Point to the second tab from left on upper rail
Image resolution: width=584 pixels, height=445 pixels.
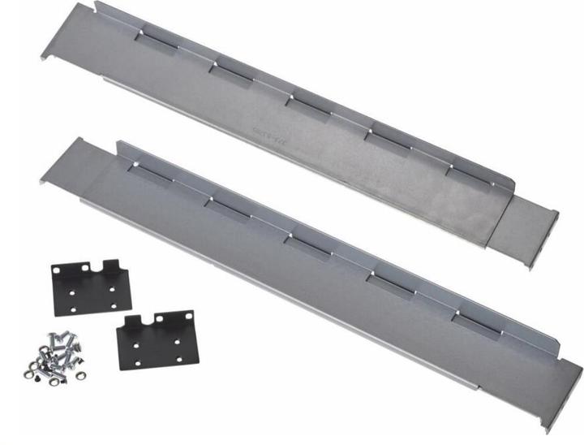coord(232,72)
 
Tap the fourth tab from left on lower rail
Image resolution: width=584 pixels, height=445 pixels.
coord(390,285)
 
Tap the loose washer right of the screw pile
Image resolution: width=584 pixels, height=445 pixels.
coord(81,375)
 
